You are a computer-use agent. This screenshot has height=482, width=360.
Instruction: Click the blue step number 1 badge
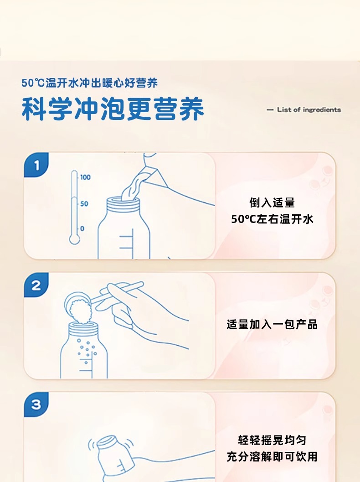click(36, 165)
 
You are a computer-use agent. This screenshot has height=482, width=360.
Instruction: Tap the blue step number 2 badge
click(36, 285)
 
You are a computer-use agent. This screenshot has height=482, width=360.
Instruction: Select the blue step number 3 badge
click(36, 404)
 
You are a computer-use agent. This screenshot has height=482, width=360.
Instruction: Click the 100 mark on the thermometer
click(85, 177)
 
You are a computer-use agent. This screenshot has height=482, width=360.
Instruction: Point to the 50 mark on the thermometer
click(84, 203)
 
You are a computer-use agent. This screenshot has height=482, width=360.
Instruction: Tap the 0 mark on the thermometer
click(82, 229)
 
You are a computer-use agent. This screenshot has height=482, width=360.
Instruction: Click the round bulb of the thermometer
click(74, 239)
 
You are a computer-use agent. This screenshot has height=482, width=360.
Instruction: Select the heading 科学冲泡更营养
click(113, 109)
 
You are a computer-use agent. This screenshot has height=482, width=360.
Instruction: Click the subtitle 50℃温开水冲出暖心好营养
click(89, 83)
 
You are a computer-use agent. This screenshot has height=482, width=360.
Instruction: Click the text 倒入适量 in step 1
click(272, 203)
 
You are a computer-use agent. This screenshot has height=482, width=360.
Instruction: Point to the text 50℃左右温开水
click(272, 219)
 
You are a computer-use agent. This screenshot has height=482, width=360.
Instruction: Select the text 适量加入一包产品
click(272, 325)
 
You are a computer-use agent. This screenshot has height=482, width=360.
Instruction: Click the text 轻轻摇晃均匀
click(272, 440)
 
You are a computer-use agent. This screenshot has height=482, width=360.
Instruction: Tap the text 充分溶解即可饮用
click(272, 456)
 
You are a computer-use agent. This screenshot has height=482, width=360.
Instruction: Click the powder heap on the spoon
click(81, 311)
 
